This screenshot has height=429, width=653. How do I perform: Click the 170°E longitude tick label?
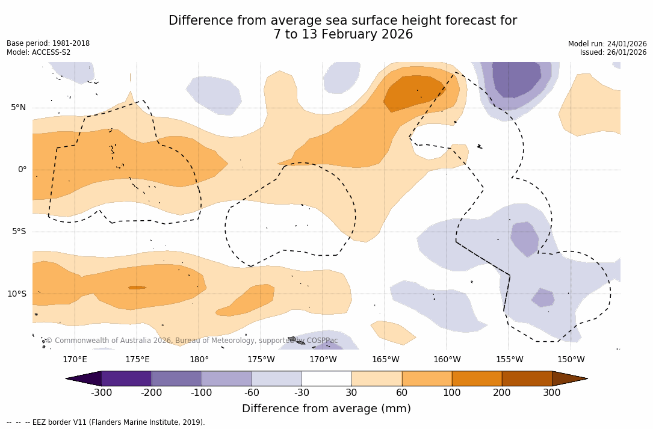[x=75, y=360]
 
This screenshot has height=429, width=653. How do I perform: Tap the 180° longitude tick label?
[x=199, y=360]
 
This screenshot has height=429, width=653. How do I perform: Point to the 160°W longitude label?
[x=447, y=360]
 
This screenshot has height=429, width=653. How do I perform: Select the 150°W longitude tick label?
[x=571, y=360]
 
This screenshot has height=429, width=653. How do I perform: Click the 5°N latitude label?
[x=18, y=108]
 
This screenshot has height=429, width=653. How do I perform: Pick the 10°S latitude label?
[x=16, y=294]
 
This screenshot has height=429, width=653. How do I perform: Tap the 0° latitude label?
[x=22, y=170]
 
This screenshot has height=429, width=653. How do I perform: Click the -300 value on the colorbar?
[x=102, y=393]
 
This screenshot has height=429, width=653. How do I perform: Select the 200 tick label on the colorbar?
[x=501, y=393]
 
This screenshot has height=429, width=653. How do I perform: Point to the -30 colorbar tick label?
[x=302, y=393]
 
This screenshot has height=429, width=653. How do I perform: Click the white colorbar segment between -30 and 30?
[x=326, y=378]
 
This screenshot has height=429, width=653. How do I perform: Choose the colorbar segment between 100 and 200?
[x=477, y=378]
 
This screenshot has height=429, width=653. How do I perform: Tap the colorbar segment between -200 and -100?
[x=176, y=378]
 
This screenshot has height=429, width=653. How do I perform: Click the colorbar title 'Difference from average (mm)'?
[x=326, y=409]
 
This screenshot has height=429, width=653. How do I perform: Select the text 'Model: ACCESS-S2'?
[x=39, y=52]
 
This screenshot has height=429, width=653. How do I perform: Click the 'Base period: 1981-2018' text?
[x=48, y=43]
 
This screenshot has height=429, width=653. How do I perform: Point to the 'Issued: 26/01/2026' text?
[x=613, y=52]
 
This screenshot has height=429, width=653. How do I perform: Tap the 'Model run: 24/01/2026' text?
[x=607, y=43]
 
